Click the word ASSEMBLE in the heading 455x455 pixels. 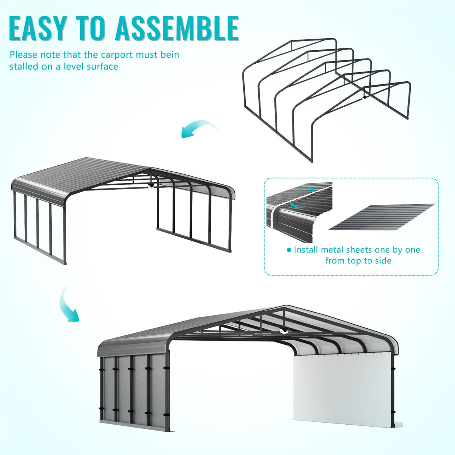click(x=177, y=28)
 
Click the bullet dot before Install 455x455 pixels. click(x=289, y=250)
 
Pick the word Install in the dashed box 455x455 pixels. click(x=306, y=250)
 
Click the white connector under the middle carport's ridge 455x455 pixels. click(x=151, y=186)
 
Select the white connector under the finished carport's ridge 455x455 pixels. click(x=284, y=330)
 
